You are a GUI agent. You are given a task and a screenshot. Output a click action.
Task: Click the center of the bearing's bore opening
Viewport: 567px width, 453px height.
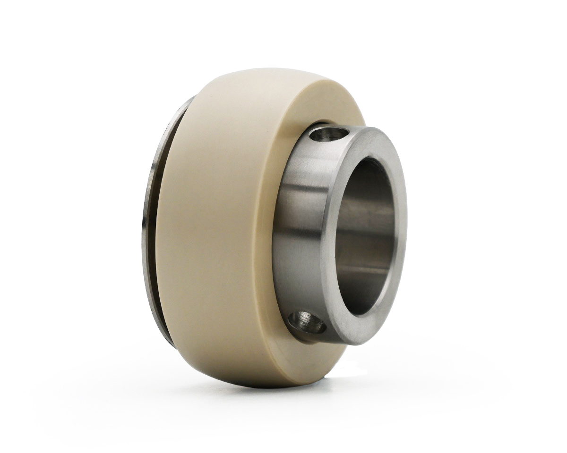point(366,236)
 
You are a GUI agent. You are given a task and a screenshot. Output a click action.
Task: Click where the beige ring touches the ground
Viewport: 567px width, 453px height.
point(265,385)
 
